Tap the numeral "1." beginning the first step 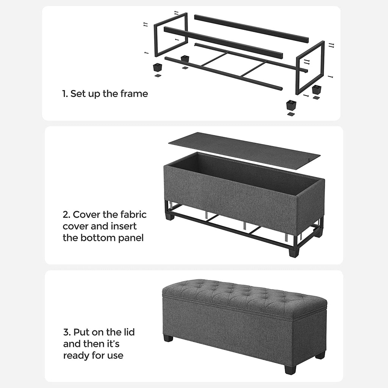[65, 94]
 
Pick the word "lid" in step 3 [129, 332]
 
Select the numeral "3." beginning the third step [67, 332]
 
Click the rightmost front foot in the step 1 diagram [291, 105]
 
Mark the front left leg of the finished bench [168, 338]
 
